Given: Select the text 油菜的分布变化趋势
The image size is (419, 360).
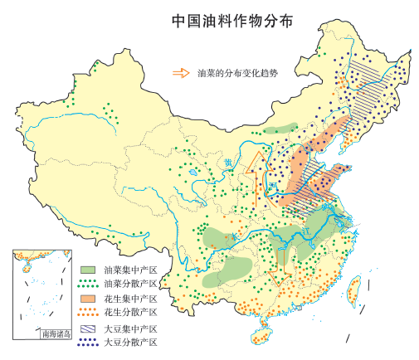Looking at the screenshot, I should click(x=236, y=72).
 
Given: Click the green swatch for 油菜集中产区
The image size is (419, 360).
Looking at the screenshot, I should click(x=89, y=270).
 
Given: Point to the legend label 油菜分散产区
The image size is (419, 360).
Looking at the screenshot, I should click(x=130, y=283).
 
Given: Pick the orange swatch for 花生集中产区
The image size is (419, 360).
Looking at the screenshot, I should click(x=89, y=298).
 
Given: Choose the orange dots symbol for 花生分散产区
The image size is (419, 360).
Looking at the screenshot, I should click(x=89, y=313).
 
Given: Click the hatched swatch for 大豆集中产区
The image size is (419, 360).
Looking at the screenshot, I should click(x=89, y=328).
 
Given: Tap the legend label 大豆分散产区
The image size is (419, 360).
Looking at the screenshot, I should click(x=130, y=342).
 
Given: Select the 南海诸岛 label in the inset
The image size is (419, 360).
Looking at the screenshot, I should click(x=56, y=334).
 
